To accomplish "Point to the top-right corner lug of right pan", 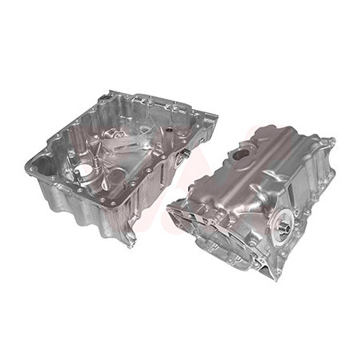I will click(x=330, y=143).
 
